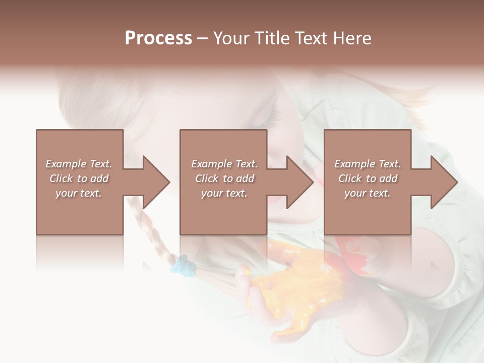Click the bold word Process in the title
pos(158,38)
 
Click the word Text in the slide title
pos(312,38)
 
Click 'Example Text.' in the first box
pos(79,164)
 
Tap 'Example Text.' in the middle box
pos(224,164)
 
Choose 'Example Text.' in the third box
pos(368,164)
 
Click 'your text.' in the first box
pos(79,193)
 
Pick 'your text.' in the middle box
pos(224,193)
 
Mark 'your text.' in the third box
pos(368,193)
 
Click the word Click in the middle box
pos(207,178)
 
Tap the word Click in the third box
pos(350,178)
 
